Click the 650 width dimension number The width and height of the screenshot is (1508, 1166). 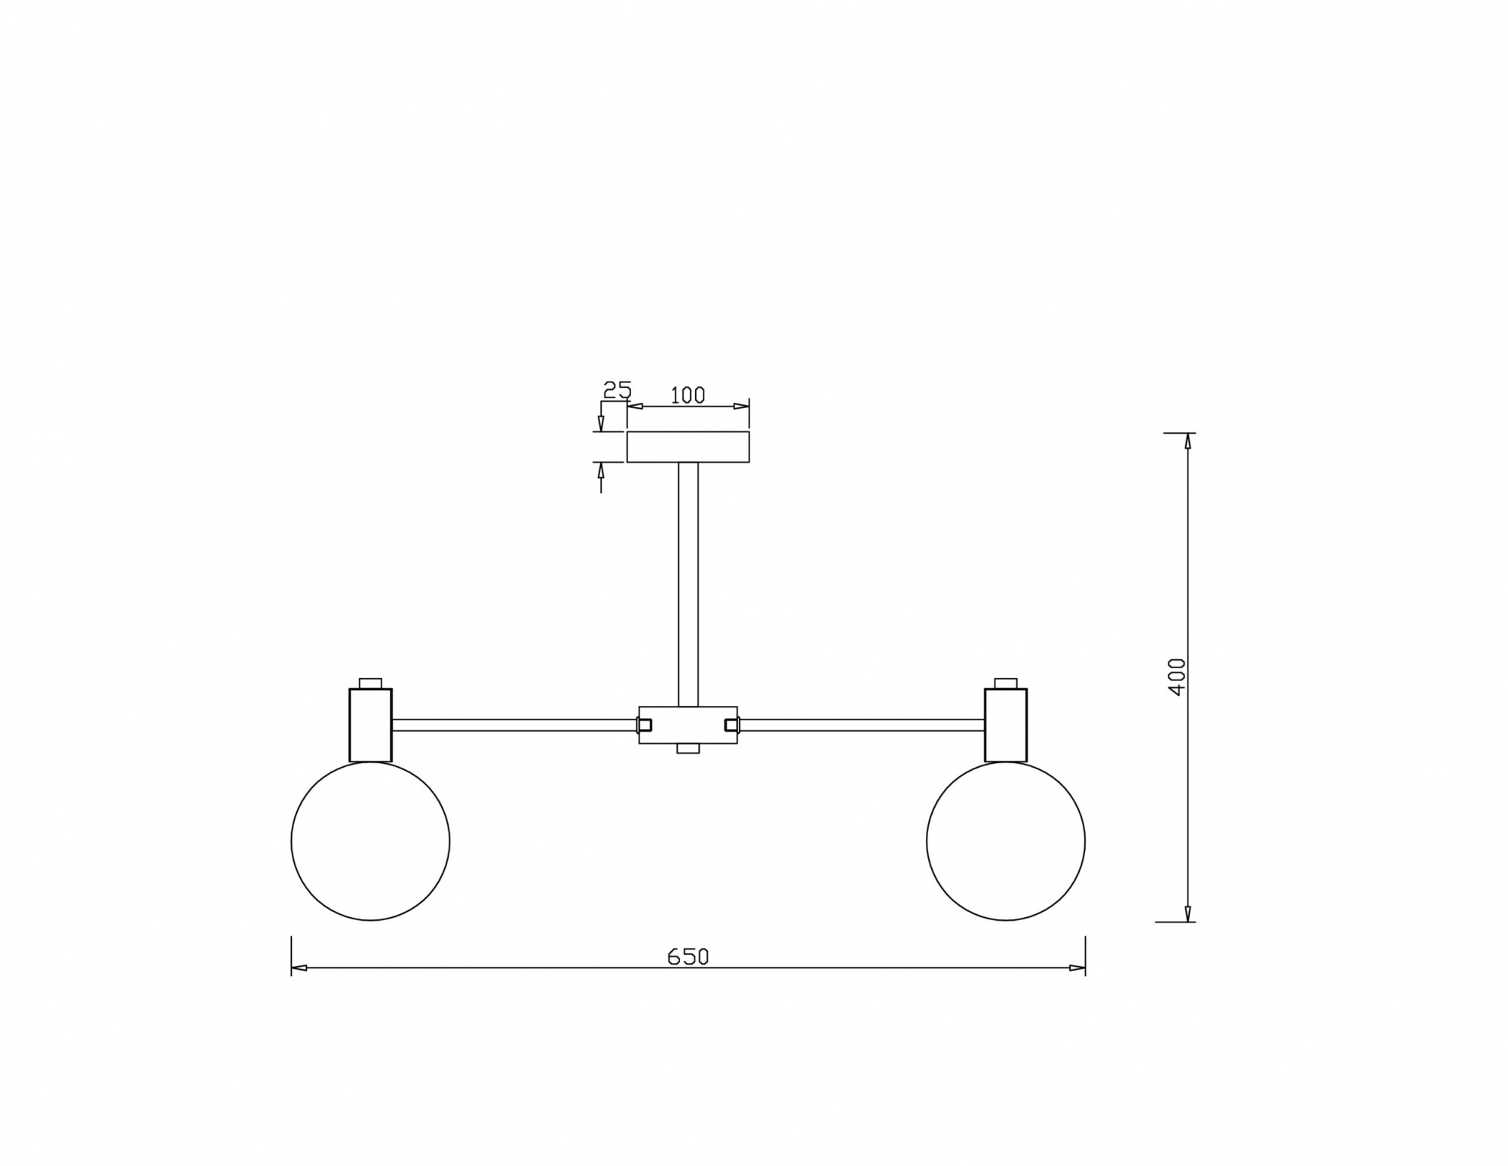tap(688, 956)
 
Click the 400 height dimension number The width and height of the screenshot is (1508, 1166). tap(1175, 677)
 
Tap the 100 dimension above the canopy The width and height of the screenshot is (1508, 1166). tap(688, 395)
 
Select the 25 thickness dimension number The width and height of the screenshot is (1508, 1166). tap(617, 390)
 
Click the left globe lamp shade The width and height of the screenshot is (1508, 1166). tap(370, 841)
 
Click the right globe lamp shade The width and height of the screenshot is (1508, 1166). tap(1006, 841)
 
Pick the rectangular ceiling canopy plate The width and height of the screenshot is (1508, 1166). tap(688, 446)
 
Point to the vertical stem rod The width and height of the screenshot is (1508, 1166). tap(688, 585)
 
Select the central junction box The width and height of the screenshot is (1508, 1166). tap(688, 725)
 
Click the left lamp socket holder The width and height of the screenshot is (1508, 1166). tap(370, 725)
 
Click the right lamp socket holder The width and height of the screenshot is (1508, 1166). tap(1006, 725)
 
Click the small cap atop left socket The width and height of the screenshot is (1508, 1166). tap(370, 683)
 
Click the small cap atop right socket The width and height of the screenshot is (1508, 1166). tap(1006, 683)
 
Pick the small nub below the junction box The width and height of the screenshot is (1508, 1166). tap(688, 748)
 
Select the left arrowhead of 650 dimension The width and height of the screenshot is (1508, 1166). tap(299, 968)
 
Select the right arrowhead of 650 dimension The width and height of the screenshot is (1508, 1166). tap(1077, 968)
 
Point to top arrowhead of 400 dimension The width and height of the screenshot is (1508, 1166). tap(1188, 441)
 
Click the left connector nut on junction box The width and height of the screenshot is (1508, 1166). tap(645, 725)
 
